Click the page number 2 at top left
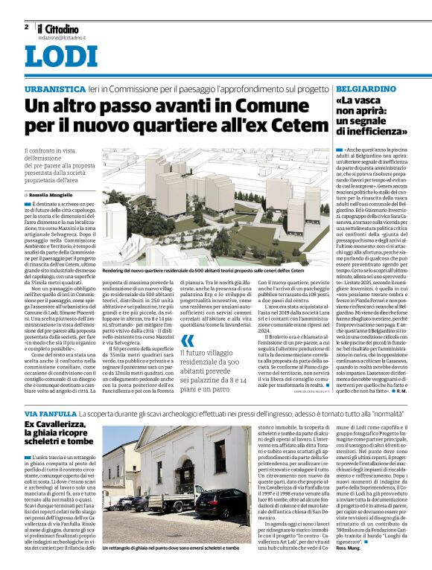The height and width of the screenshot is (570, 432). [26, 26]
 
